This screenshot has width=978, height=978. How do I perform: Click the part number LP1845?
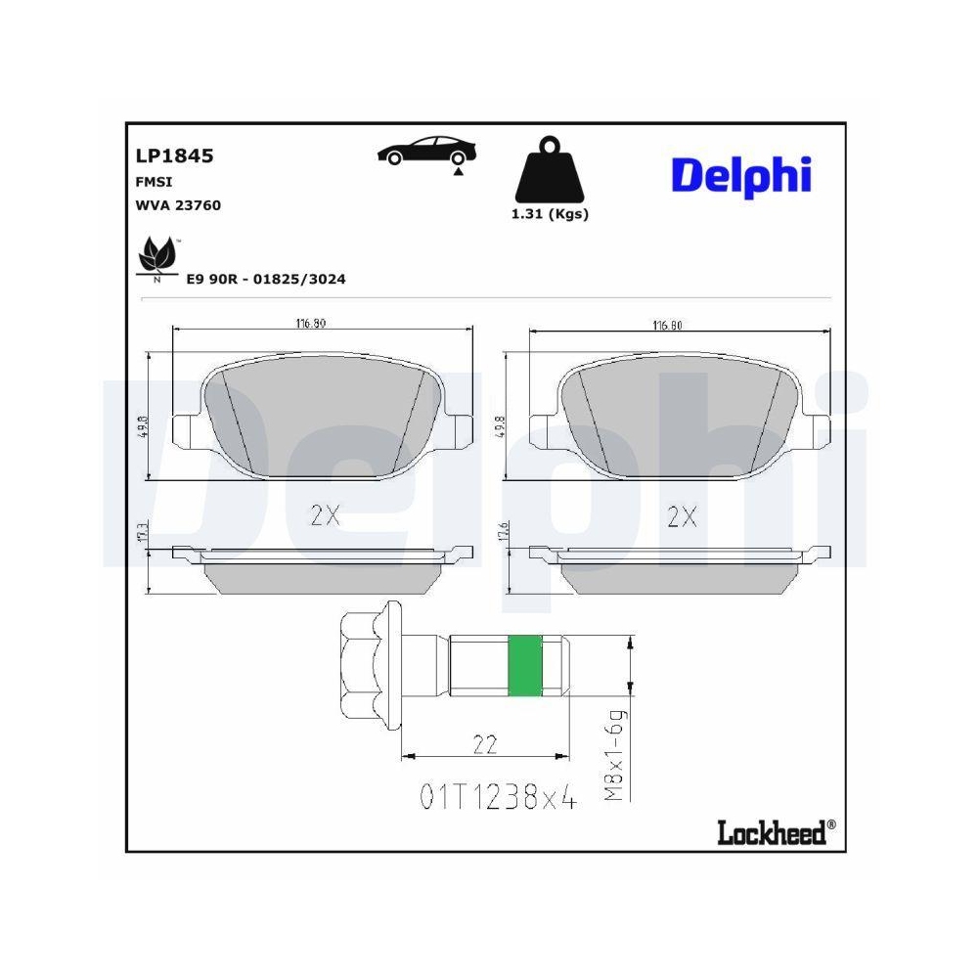click(173, 156)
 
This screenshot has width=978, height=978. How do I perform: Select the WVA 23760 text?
click(177, 205)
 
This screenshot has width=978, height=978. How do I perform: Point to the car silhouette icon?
click(427, 153)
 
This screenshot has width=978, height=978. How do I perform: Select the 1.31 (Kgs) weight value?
click(550, 214)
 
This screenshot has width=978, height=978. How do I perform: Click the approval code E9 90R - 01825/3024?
click(266, 279)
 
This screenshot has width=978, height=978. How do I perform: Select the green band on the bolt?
click(526, 666)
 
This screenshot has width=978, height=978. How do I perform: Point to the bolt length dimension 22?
click(485, 745)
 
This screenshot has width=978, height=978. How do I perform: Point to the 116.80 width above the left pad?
click(312, 324)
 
